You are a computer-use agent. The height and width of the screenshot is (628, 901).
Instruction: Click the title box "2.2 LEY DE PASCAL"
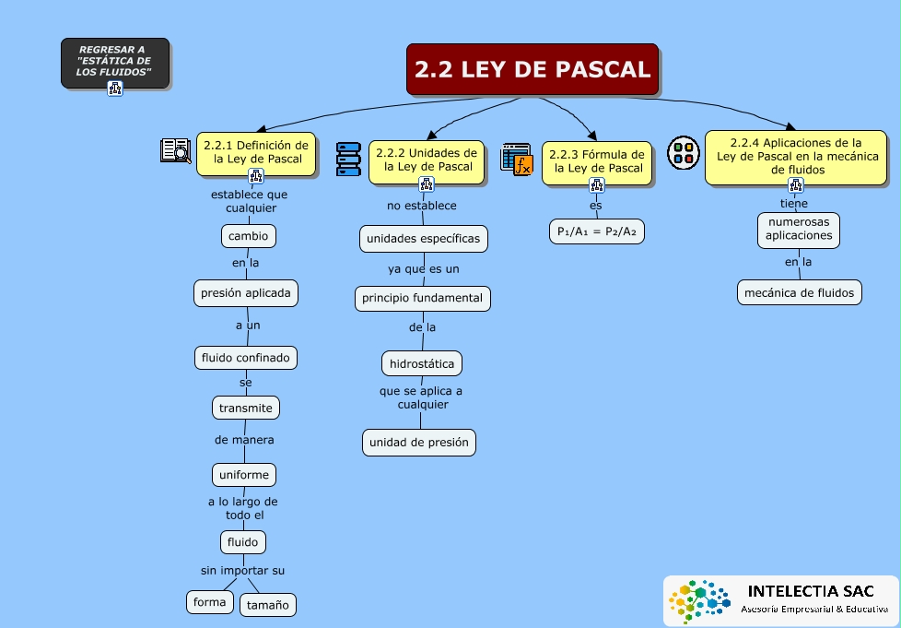click(532, 69)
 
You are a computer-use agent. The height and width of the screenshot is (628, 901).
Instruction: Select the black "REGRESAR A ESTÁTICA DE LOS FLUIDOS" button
click(115, 63)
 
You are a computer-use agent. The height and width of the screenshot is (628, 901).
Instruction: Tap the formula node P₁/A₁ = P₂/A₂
click(596, 231)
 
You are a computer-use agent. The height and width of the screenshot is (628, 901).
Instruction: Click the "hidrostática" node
click(422, 363)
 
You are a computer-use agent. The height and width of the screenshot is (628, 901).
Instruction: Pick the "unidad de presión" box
click(419, 443)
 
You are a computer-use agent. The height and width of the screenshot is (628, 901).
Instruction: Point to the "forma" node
click(210, 602)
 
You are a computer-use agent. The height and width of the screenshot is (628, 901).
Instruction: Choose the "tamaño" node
click(268, 605)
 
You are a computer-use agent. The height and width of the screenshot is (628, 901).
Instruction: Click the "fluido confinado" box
click(246, 358)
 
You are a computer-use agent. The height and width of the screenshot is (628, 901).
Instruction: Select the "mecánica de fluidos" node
click(800, 292)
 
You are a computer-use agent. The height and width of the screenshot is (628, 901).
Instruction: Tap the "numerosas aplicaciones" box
click(799, 229)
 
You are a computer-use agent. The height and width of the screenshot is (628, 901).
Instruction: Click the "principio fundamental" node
click(422, 299)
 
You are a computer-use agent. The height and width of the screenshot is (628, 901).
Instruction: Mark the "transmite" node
click(246, 408)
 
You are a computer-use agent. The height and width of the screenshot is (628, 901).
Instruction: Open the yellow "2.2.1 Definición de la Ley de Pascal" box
click(256, 154)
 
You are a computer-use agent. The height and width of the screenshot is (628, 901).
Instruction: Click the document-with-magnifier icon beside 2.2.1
click(175, 150)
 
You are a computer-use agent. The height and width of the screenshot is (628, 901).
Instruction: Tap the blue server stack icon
click(348, 160)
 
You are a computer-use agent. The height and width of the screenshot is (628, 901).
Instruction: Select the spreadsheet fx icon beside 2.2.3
click(517, 160)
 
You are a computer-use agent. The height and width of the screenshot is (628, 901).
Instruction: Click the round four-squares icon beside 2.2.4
click(684, 153)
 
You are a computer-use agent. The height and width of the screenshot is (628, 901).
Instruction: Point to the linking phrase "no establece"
click(422, 206)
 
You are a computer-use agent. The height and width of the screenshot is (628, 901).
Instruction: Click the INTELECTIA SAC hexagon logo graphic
click(698, 600)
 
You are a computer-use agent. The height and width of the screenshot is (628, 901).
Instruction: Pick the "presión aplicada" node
click(246, 292)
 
